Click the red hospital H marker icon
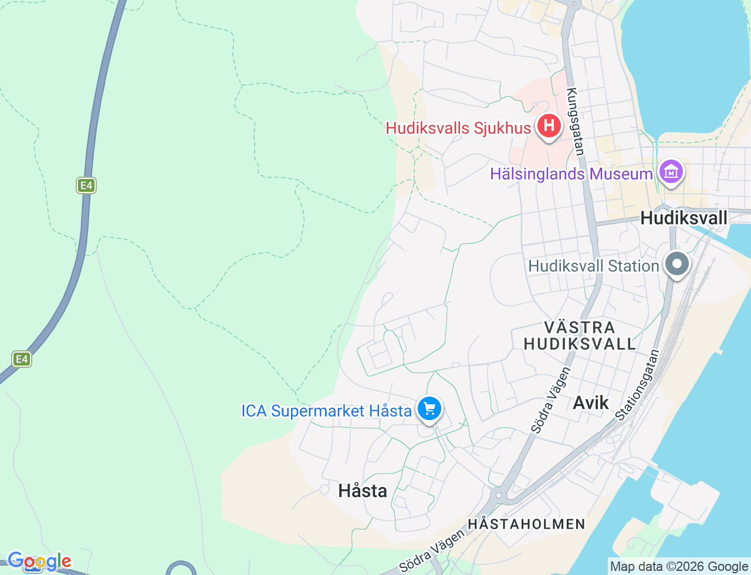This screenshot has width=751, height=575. pyautogui.click(x=549, y=126)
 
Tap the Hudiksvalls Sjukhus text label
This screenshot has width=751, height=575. pyautogui.click(x=458, y=128)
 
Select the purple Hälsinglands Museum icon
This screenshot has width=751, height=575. pyautogui.click(x=671, y=172)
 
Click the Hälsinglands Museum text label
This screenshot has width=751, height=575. pyautogui.click(x=571, y=174)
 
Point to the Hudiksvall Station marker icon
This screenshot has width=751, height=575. pyautogui.click(x=677, y=263)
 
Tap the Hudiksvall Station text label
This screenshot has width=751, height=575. pyautogui.click(x=594, y=266)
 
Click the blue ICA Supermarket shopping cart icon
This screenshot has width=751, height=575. pyautogui.click(x=429, y=408)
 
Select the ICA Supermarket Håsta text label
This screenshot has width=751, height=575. pyautogui.click(x=326, y=411)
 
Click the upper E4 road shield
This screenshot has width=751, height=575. pyautogui.click(x=86, y=185)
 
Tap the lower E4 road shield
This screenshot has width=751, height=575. pyautogui.click(x=22, y=358)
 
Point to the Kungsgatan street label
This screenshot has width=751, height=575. pyautogui.click(x=576, y=121)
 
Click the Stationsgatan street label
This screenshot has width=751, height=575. pyautogui.click(x=638, y=385)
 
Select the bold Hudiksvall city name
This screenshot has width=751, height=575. pyautogui.click(x=684, y=218)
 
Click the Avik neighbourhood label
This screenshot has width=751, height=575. pyautogui.click(x=591, y=402)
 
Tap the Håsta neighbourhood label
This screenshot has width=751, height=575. pyautogui.click(x=363, y=491)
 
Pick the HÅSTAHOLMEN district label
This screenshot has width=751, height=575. pyautogui.click(x=526, y=524)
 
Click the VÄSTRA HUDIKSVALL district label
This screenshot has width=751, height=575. pyautogui.click(x=580, y=336)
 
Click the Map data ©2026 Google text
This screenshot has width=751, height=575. pyautogui.click(x=679, y=566)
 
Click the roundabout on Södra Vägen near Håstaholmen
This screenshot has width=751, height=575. pyautogui.click(x=499, y=495)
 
